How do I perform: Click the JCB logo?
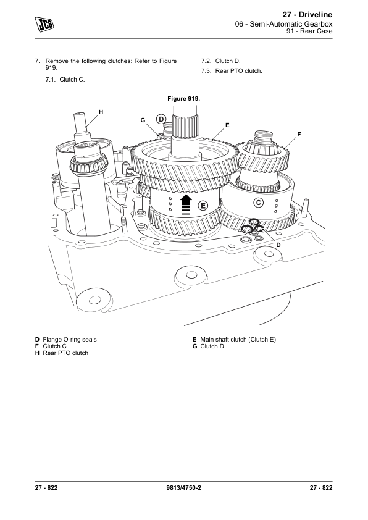[44, 24]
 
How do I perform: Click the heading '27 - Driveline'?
[307, 15]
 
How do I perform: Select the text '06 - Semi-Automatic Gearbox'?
[283, 24]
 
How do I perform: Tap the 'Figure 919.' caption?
[183, 98]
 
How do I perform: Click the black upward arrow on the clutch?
[186, 204]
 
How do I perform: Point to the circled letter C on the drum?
[259, 203]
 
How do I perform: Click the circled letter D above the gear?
[161, 119]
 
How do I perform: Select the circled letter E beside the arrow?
[203, 206]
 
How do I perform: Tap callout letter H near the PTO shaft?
[101, 112]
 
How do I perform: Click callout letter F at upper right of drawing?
[299, 134]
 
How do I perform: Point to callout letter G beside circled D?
[143, 120]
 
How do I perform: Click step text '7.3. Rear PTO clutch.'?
[232, 70]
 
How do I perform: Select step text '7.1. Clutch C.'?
[65, 79]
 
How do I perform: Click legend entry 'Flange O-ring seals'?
[70, 339]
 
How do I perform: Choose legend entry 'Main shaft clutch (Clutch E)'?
[238, 339]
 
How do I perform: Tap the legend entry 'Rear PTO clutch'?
[65, 353]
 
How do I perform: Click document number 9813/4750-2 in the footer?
[183, 487]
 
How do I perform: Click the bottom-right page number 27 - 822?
[321, 487]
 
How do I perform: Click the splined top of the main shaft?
[185, 127]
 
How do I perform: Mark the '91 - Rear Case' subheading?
[309, 31]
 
